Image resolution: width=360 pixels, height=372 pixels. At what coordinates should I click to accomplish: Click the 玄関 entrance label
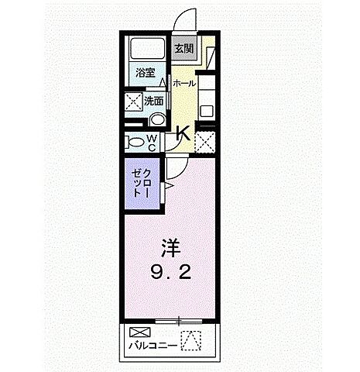184,50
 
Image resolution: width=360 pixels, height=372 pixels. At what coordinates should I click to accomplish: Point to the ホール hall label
183,83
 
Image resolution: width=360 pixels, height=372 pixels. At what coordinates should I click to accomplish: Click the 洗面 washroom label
153,102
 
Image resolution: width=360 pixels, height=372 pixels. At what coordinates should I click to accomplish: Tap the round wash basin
156,120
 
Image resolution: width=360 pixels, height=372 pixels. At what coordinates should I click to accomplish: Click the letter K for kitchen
183,133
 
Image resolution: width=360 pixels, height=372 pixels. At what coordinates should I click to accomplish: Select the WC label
153,142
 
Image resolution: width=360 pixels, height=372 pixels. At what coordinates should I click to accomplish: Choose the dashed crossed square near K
205,141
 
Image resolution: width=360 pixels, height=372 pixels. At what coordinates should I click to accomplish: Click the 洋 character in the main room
171,249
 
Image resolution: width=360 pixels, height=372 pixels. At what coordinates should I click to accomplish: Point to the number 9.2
171,273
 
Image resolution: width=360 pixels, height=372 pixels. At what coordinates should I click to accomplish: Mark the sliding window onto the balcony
177,319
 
